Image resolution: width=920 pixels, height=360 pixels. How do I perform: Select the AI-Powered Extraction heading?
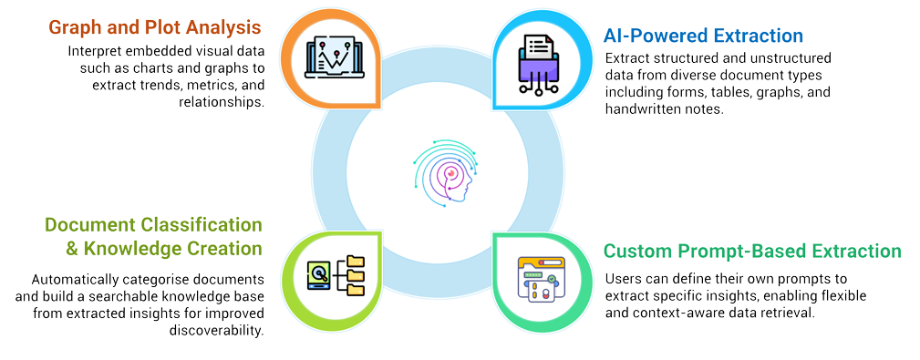click(x=703, y=36)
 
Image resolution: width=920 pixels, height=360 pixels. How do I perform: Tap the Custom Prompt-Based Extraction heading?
click(x=752, y=251)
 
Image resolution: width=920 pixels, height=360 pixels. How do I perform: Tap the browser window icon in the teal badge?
click(x=541, y=277)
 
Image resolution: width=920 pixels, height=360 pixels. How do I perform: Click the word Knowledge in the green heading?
click(x=123, y=248)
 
